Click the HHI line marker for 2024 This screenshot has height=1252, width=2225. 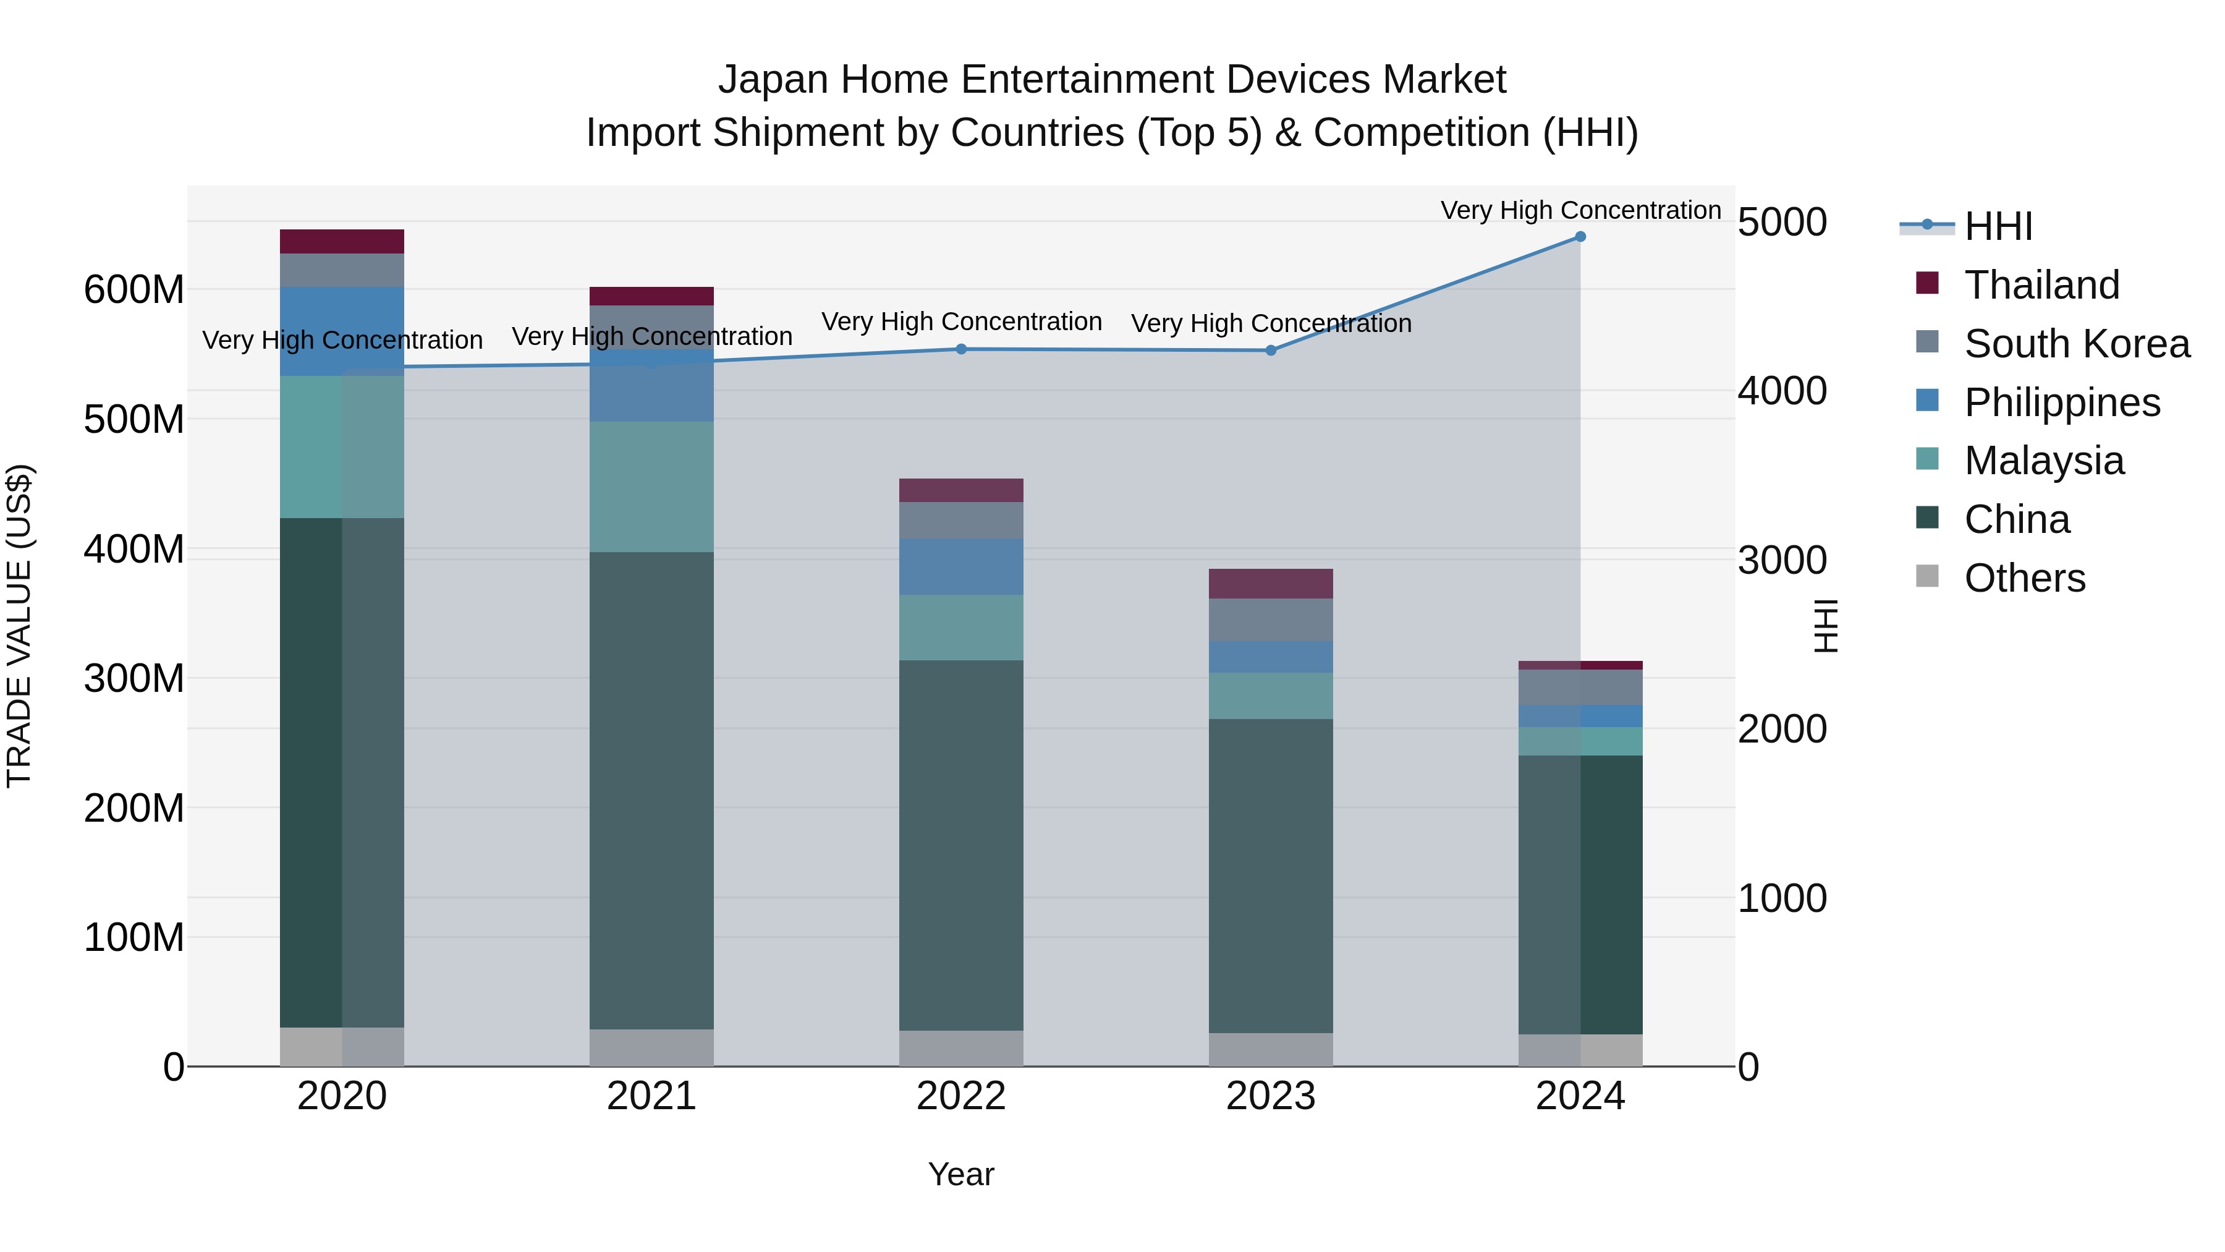(x=1580, y=237)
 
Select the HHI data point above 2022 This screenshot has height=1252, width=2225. (x=961, y=349)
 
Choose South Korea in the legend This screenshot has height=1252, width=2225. (x=2077, y=344)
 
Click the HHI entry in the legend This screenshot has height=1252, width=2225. (x=1998, y=226)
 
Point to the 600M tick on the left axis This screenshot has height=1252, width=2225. (x=134, y=289)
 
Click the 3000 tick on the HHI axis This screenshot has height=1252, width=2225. (x=1782, y=561)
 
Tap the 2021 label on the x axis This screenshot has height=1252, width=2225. (x=651, y=1096)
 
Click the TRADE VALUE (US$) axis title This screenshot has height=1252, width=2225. (x=19, y=626)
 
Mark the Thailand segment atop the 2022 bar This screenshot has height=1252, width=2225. (x=960, y=490)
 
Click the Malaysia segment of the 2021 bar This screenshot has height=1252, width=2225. (x=651, y=487)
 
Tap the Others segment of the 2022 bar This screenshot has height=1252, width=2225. (x=960, y=1048)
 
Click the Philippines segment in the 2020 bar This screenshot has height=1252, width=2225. (x=341, y=331)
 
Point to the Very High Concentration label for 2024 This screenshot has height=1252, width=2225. (x=1580, y=210)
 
